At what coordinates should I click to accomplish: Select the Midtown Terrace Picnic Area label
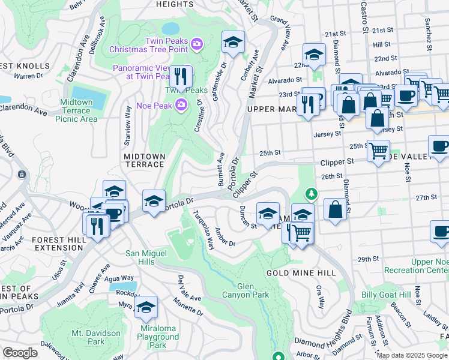pos(76,110)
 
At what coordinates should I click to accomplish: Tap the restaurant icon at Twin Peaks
pos(180,76)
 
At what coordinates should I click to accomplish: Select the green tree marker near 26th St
pos(311,194)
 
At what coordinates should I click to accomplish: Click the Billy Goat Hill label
pos(387,295)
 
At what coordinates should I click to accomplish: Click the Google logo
pos(20,353)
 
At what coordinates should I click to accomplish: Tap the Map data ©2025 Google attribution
pos(412,355)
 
